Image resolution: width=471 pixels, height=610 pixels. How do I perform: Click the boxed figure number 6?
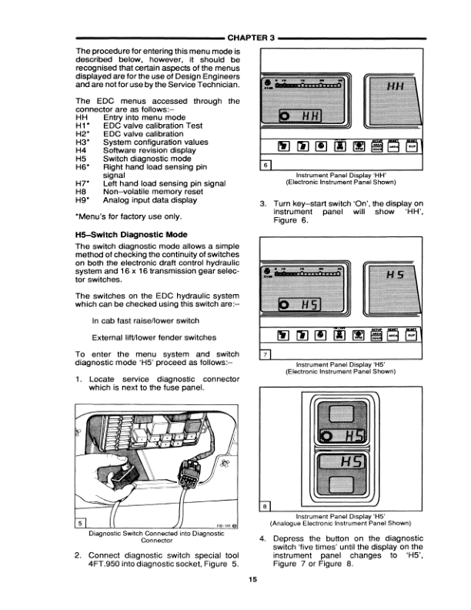point(266,165)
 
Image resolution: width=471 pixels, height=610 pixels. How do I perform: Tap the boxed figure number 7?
point(266,354)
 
